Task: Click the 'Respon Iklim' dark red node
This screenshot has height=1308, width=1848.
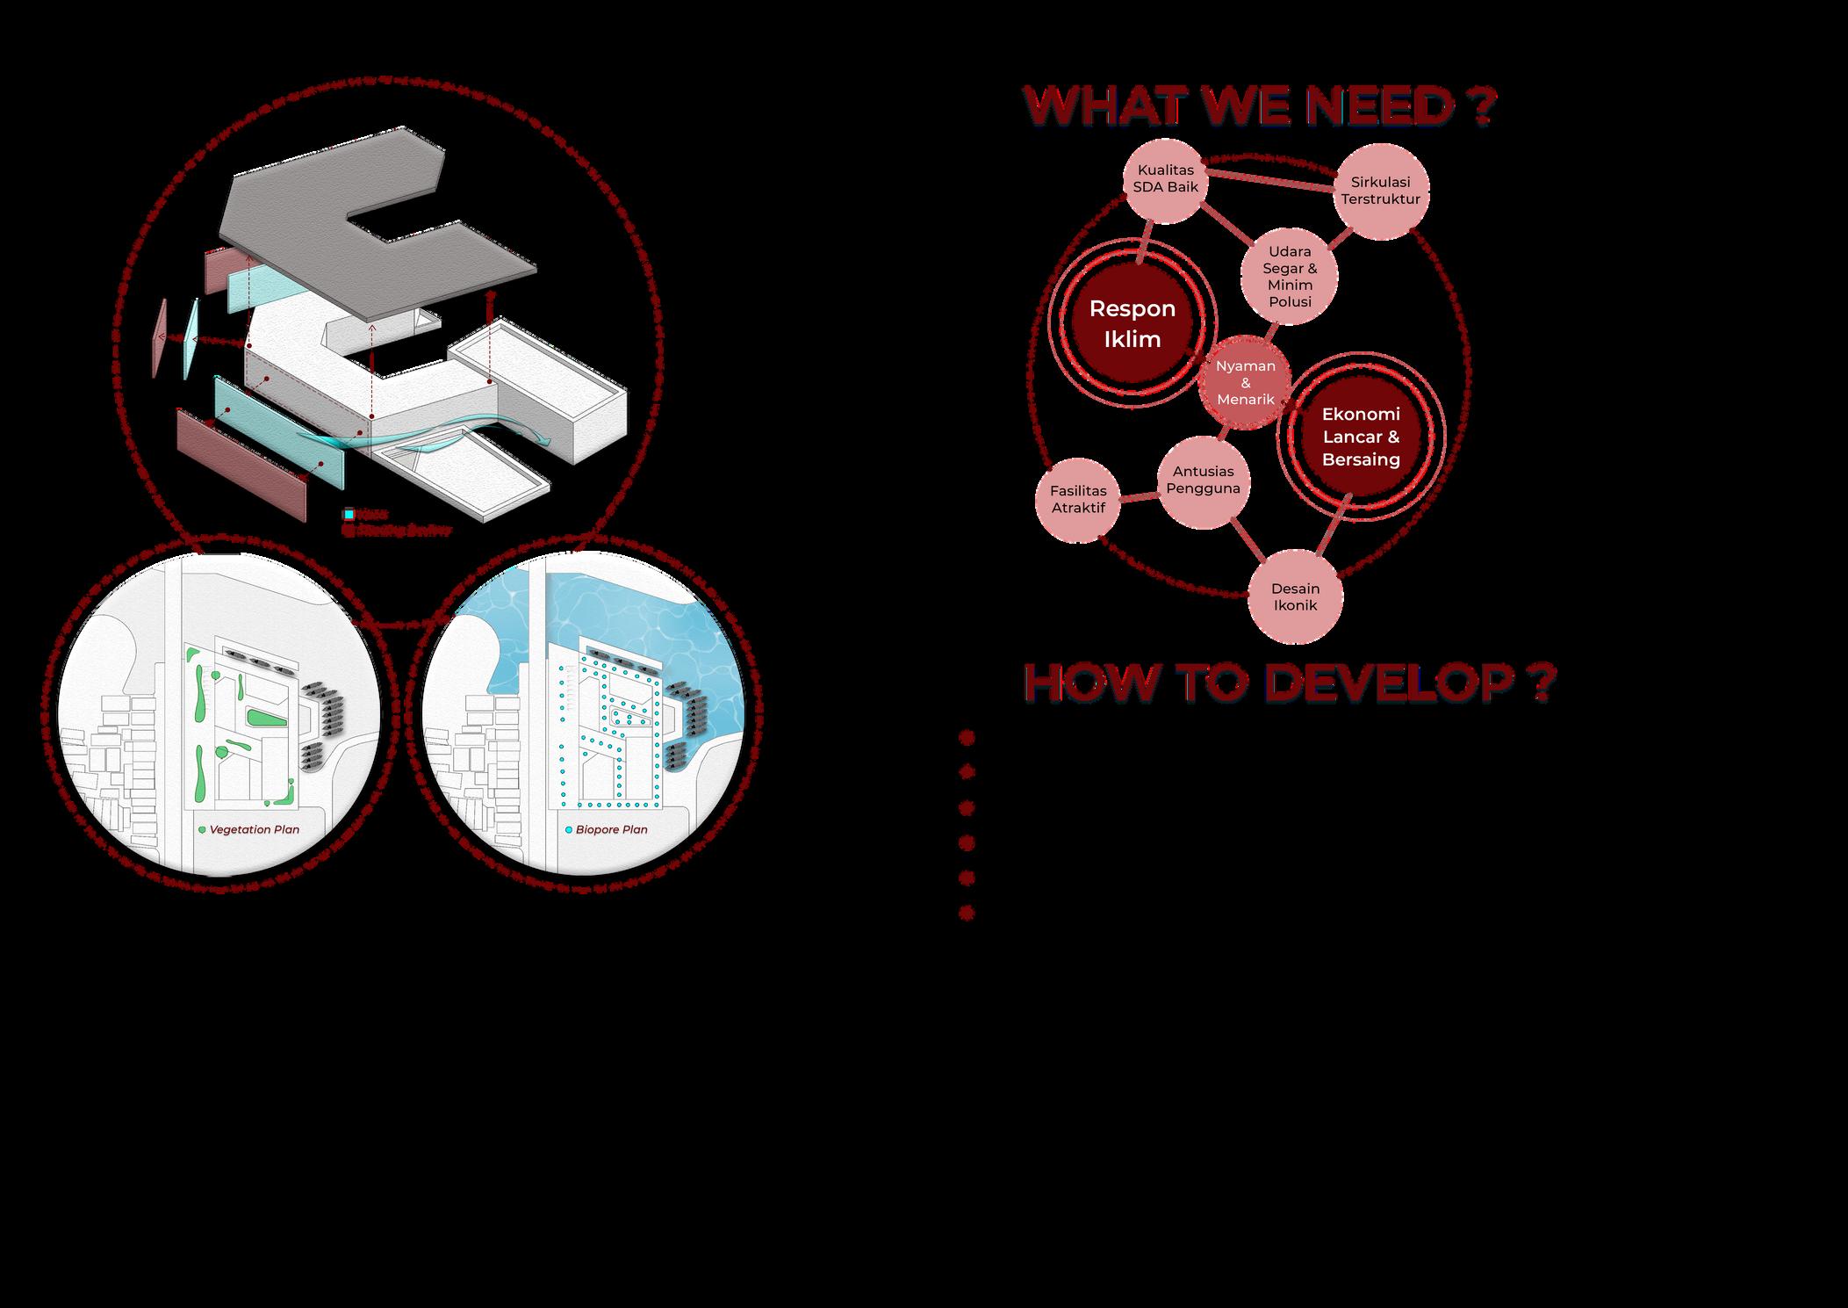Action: click(1132, 323)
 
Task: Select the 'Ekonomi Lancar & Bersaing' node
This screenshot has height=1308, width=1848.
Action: click(1360, 437)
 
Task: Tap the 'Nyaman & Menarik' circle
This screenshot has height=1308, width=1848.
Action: click(1245, 383)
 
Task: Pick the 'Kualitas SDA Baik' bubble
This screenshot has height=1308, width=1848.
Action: click(1165, 179)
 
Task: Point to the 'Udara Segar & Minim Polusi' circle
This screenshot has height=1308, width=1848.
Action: click(1289, 277)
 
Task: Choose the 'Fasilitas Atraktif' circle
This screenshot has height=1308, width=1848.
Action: click(1078, 500)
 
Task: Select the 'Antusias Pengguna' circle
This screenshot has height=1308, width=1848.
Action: click(1203, 481)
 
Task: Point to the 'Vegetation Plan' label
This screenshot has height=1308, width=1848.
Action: click(255, 829)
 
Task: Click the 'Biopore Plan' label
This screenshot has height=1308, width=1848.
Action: click(611, 829)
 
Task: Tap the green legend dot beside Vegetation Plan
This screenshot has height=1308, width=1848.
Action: click(203, 829)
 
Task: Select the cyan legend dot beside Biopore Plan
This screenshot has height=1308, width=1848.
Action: click(568, 829)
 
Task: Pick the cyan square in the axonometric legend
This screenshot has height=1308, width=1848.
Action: click(349, 514)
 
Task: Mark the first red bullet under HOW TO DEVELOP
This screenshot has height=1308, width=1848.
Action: click(967, 738)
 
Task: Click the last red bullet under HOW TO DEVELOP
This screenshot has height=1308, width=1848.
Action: click(967, 914)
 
